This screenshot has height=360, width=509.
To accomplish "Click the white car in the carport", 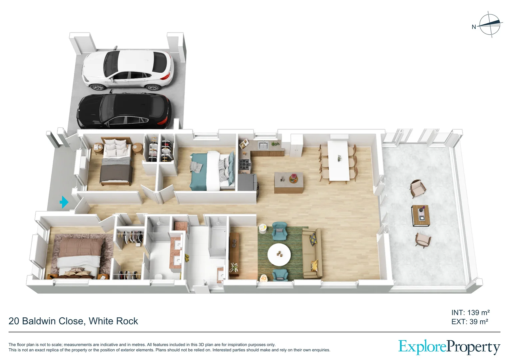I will click(128, 69).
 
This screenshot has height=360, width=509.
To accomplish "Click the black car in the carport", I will click(124, 111).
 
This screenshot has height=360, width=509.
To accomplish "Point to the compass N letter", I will click(474, 27).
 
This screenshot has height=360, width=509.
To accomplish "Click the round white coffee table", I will click(279, 254).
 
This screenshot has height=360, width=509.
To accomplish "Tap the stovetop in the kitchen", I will click(245, 165).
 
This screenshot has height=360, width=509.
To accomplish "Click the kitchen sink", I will click(263, 145).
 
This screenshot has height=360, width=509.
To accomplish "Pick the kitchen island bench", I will click(288, 183).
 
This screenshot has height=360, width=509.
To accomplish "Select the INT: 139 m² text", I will click(470, 313).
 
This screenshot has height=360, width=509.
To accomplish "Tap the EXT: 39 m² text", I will click(469, 322).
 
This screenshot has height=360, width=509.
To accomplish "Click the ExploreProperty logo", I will click(449, 347).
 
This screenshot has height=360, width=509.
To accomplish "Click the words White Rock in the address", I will click(113, 321).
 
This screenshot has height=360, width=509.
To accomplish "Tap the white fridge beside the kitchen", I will click(296, 145).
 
